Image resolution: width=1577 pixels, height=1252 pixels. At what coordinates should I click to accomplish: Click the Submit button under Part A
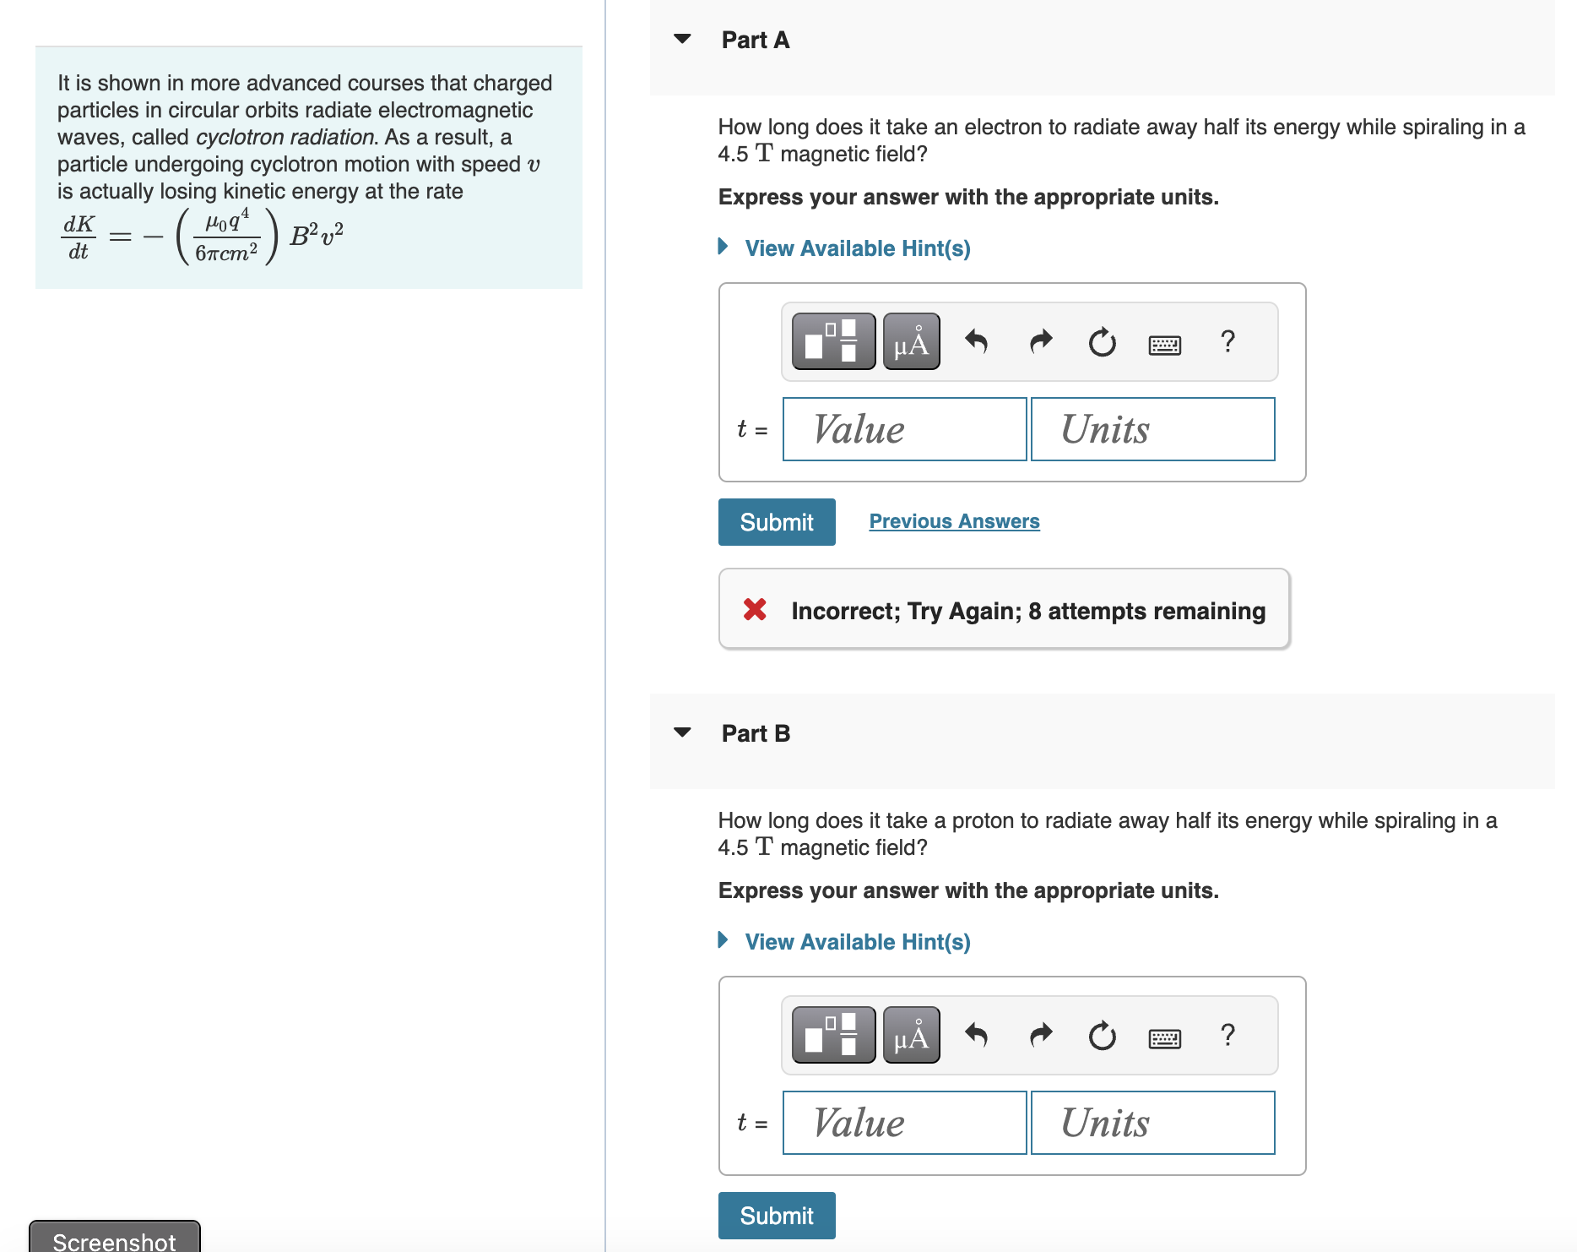776,522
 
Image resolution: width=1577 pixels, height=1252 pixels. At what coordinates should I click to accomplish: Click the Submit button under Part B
776,1216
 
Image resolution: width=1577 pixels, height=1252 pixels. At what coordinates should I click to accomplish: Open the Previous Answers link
954,521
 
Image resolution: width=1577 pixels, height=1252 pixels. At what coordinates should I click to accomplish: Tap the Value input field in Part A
904,429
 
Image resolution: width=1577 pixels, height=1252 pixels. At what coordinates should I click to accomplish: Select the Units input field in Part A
1152,429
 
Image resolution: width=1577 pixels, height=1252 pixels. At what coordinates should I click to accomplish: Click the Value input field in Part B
904,1123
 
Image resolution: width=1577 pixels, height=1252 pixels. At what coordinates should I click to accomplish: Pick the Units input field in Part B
1152,1123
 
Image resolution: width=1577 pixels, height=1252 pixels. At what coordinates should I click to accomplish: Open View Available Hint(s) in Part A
857,248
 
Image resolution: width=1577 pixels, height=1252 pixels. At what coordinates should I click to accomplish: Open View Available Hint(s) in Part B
857,942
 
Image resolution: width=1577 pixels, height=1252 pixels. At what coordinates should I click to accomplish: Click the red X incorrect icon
755,609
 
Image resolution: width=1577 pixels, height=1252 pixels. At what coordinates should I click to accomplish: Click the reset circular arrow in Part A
1102,342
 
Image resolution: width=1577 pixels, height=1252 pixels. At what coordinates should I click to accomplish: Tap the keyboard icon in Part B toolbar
1164,1038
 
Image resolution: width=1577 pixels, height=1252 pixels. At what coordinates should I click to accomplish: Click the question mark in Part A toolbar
1227,341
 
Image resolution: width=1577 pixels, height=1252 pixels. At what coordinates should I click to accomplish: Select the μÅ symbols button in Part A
911,341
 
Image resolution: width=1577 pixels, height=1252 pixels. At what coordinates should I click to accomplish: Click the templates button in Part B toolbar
832,1035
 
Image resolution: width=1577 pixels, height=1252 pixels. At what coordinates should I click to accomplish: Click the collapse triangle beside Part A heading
682,39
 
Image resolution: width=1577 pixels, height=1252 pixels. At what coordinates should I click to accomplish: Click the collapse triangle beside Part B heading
682,732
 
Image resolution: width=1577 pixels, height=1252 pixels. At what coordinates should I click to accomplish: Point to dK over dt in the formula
79,237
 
